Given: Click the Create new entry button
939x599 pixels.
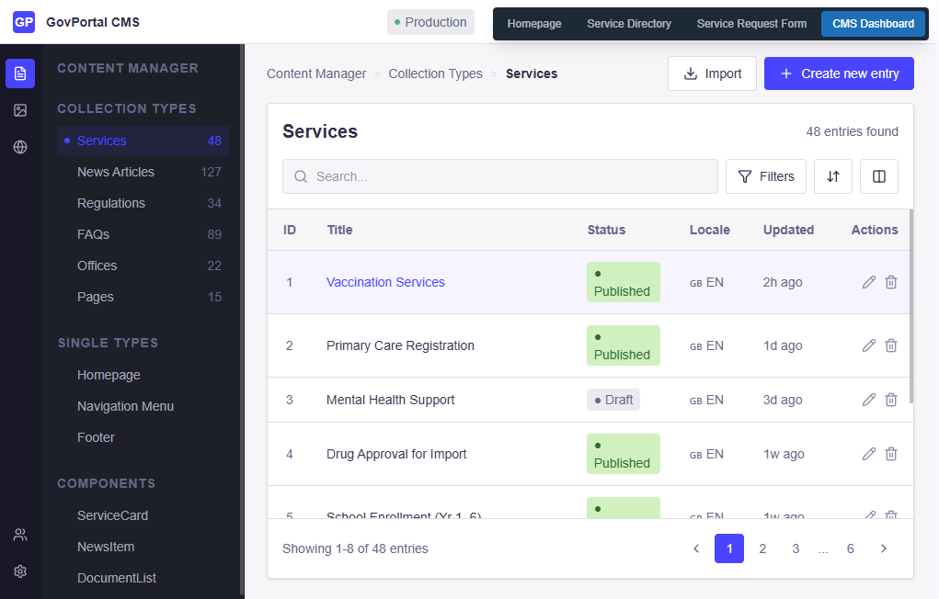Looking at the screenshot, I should pyautogui.click(x=839, y=73).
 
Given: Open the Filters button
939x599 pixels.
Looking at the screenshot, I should pyautogui.click(x=766, y=176).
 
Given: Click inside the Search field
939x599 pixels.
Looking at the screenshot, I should pyautogui.click(x=500, y=176).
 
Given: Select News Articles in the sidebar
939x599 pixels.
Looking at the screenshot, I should pyautogui.click(x=116, y=172).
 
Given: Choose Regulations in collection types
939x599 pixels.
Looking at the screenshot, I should pyautogui.click(x=111, y=203).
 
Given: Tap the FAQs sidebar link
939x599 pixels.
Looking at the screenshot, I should pyautogui.click(x=93, y=234).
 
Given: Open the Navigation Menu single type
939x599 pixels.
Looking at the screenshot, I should pyautogui.click(x=125, y=406).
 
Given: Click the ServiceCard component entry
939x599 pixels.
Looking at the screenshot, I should pyautogui.click(x=112, y=515).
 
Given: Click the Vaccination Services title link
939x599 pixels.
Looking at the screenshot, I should pyautogui.click(x=385, y=282).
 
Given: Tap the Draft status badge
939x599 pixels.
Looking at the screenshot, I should pyautogui.click(x=613, y=400).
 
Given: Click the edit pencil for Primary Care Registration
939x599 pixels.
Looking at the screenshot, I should pyautogui.click(x=868, y=345).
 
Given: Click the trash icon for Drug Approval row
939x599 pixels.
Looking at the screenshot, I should pyautogui.click(x=891, y=454).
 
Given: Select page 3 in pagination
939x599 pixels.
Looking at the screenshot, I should pyautogui.click(x=796, y=548).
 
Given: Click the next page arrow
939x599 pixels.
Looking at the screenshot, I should pyautogui.click(x=884, y=548).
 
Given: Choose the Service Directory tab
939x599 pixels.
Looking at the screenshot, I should pyautogui.click(x=629, y=24).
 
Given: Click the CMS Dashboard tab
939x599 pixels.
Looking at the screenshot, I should pyautogui.click(x=873, y=24).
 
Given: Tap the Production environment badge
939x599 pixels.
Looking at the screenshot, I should pyautogui.click(x=430, y=22).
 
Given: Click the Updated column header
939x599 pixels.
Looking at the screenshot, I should pyautogui.click(x=788, y=230).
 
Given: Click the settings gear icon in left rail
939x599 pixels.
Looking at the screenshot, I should pyautogui.click(x=20, y=571).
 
